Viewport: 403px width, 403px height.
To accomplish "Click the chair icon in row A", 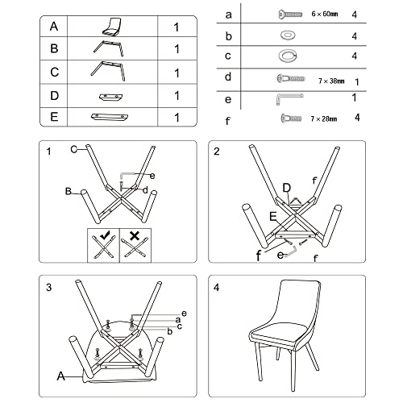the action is click(x=111, y=27).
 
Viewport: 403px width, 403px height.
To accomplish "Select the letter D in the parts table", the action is click(x=54, y=96).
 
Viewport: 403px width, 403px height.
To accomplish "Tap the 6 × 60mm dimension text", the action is click(x=325, y=14).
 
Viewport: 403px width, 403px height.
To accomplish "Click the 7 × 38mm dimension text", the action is click(x=331, y=81).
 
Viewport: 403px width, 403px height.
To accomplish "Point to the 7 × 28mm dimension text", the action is click(x=324, y=118).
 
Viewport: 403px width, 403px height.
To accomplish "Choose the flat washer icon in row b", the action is click(x=288, y=35).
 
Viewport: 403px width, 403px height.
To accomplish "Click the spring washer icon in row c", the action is click(x=288, y=56).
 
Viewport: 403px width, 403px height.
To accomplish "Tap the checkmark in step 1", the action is click(x=106, y=235).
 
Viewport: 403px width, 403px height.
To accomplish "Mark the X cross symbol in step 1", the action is click(x=135, y=235).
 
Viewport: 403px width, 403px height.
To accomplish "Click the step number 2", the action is click(x=217, y=152).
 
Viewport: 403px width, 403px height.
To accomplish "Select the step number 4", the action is click(x=217, y=288).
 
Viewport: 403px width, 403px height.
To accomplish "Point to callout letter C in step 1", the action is click(x=74, y=149).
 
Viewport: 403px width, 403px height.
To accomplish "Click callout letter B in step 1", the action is click(x=69, y=191).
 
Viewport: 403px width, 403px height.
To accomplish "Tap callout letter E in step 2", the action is click(x=273, y=216).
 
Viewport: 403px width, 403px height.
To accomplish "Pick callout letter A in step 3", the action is click(x=61, y=376).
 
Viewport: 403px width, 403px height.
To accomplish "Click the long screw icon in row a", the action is click(x=290, y=14).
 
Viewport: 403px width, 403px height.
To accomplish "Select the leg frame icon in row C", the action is click(x=108, y=71).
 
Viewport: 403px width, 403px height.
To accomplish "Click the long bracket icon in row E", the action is click(x=110, y=117).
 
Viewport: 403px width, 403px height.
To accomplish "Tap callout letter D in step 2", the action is click(x=287, y=188).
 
